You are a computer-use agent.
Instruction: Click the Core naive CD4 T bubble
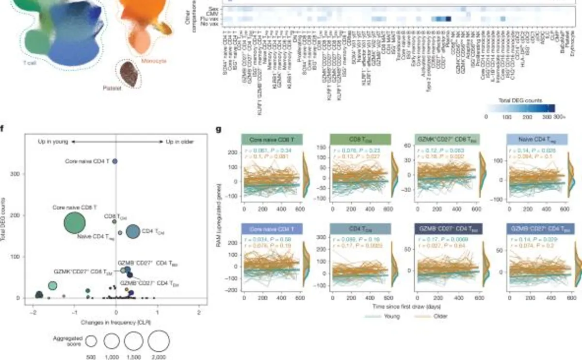coord(115,161)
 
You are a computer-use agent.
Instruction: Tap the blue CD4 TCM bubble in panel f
coord(133,232)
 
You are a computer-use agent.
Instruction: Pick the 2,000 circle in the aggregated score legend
coord(159,341)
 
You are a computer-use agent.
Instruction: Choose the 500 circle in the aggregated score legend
coord(92,342)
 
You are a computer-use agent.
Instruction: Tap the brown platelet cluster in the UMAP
coord(129,74)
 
